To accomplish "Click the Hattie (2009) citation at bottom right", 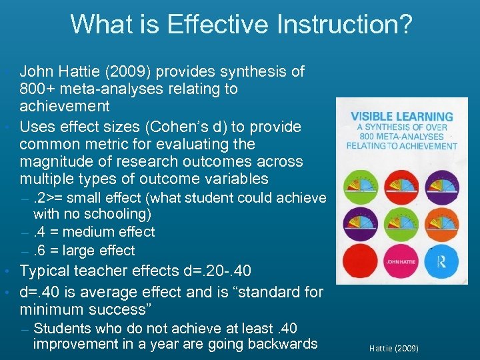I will click(393, 347).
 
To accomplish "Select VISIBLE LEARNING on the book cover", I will click(401, 116).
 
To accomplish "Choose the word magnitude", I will click(54, 161).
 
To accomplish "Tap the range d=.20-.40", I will click(217, 271).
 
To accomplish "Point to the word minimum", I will click(49, 309).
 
